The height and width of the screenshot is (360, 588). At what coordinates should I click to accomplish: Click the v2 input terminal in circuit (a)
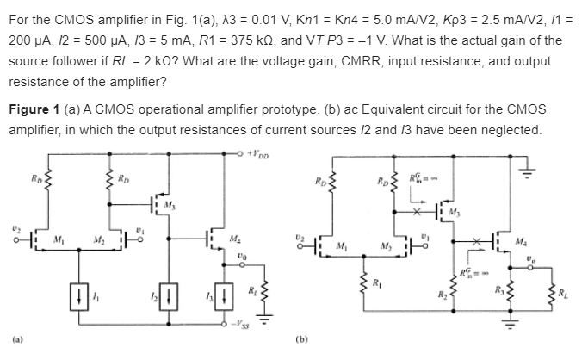(x=15, y=237)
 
